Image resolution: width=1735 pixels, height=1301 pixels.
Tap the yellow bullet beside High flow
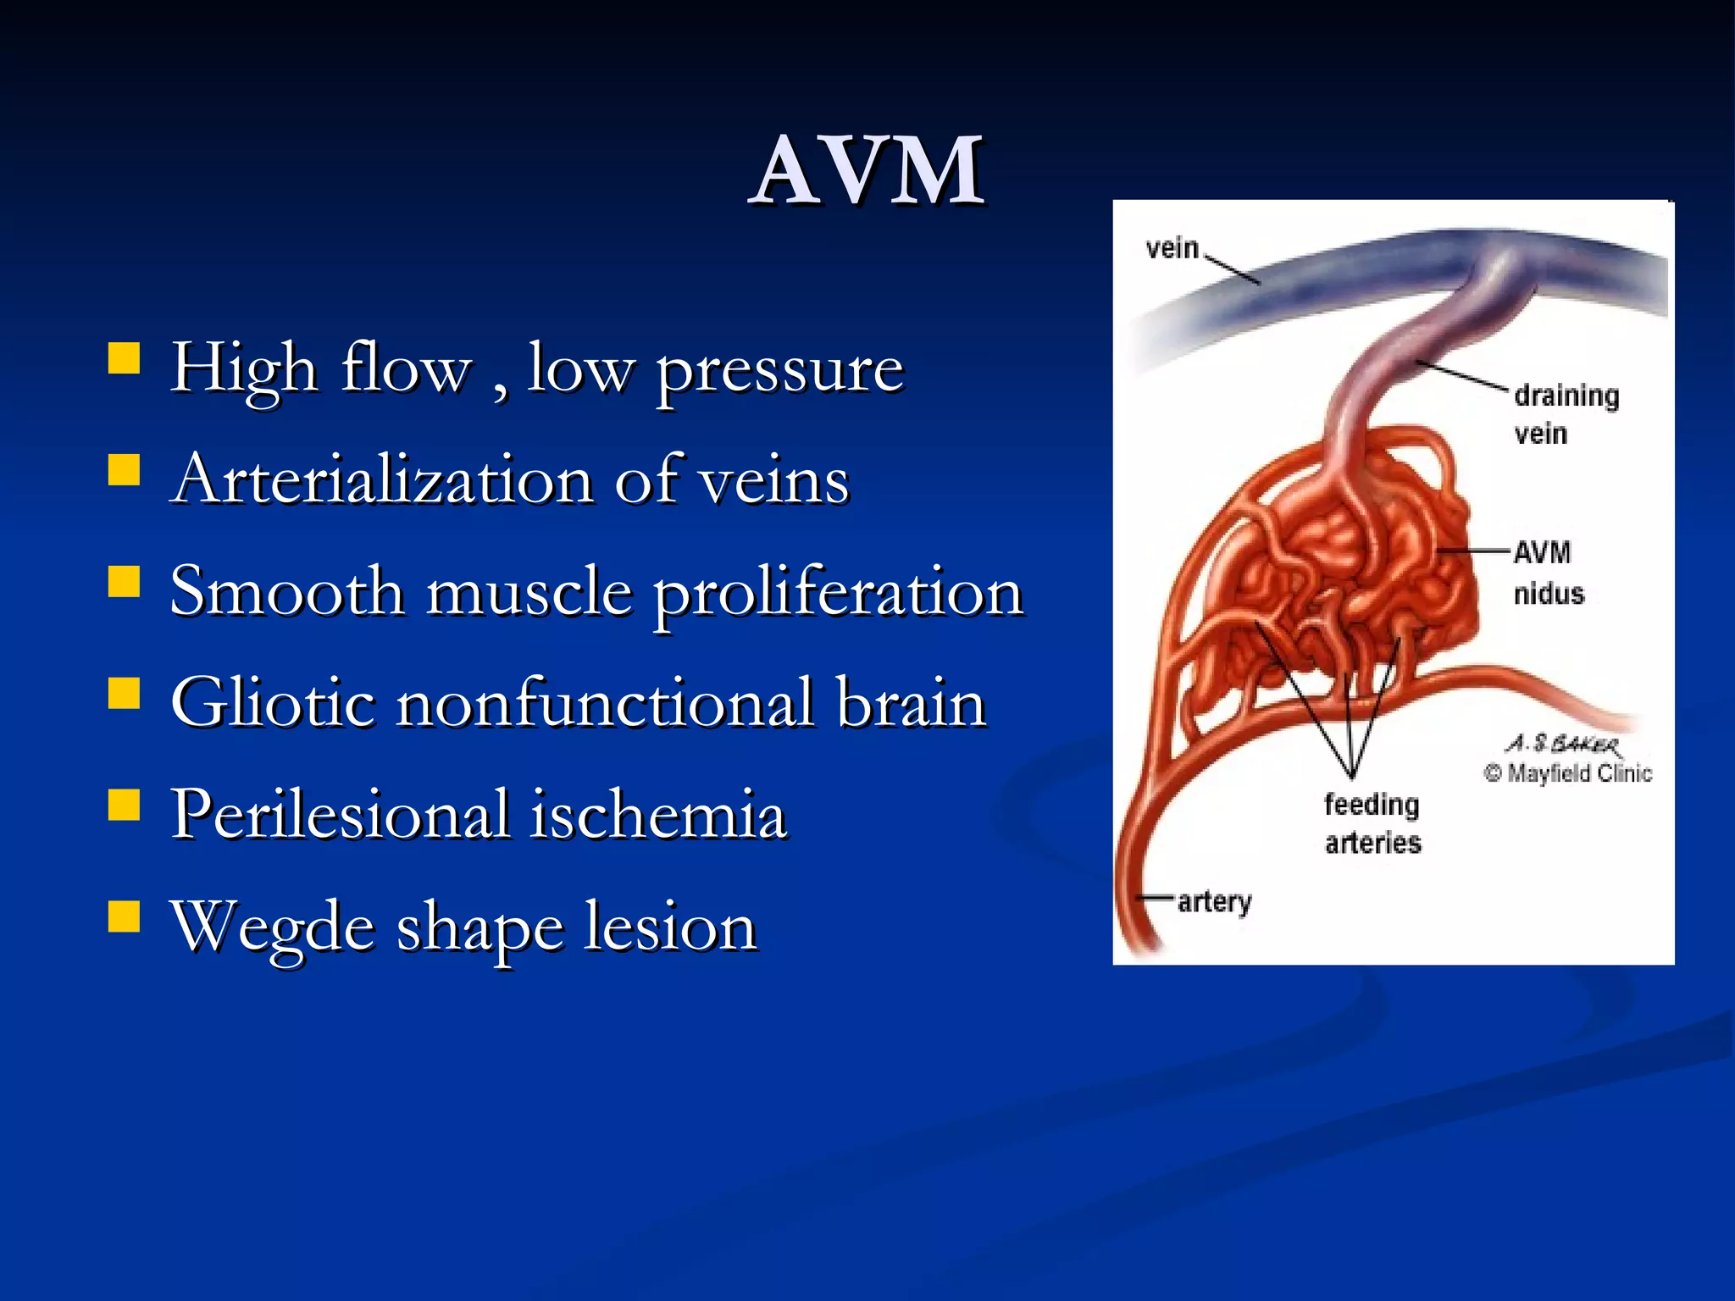click(125, 357)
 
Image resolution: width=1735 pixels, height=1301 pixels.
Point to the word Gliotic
click(273, 702)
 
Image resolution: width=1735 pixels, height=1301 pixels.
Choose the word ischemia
click(659, 814)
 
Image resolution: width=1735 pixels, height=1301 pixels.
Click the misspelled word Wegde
click(273, 927)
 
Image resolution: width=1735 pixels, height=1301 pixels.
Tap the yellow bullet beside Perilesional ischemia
click(125, 806)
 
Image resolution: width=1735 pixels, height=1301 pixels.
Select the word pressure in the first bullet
click(780, 370)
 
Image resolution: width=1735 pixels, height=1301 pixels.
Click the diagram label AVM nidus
click(1547, 573)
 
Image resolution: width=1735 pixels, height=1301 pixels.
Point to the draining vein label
click(1566, 414)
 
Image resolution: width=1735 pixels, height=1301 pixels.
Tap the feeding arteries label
click(1372, 822)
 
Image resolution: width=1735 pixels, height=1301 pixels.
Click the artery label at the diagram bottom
click(1214, 902)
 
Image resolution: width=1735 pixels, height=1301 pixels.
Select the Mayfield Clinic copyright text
click(1568, 773)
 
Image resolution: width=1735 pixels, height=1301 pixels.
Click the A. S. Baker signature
click(1564, 745)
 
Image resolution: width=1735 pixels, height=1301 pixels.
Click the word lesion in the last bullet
click(670, 926)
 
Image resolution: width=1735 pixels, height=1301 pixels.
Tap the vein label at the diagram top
click(1172, 248)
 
